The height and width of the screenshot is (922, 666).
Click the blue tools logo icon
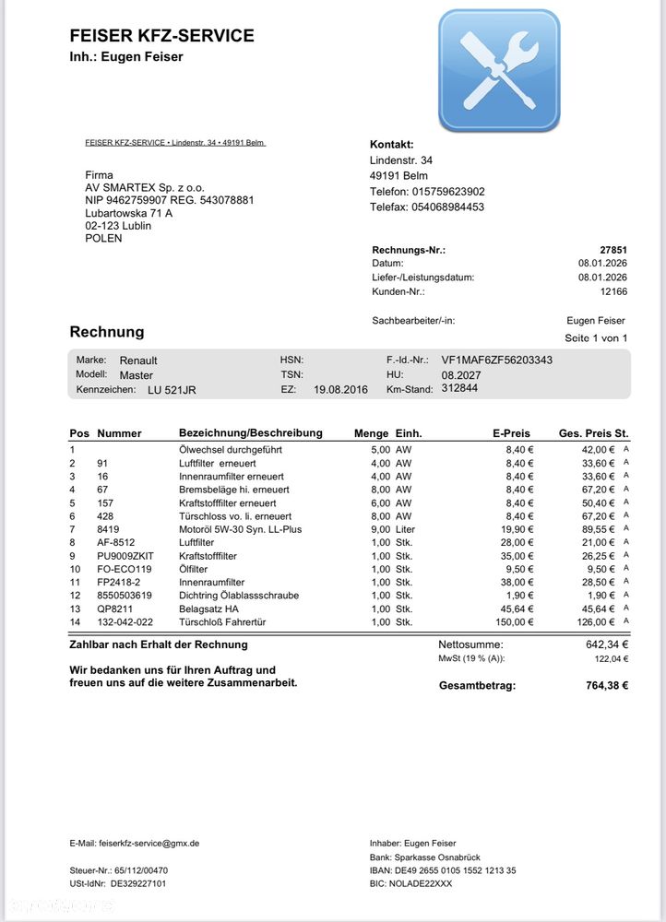click(498, 70)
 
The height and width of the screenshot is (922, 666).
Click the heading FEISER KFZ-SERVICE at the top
click(161, 36)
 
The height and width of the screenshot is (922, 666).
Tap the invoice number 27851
click(612, 250)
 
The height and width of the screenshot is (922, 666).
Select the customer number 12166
click(612, 291)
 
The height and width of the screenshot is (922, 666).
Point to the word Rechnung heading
click(107, 332)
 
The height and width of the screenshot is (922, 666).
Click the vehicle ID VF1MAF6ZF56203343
click(497, 360)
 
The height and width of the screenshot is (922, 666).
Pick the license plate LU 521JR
click(172, 390)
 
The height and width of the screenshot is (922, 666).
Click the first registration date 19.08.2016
click(340, 390)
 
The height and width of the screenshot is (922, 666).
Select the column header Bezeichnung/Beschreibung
click(250, 432)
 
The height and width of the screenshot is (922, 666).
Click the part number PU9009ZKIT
click(125, 556)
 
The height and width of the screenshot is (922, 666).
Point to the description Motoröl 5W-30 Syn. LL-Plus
click(240, 529)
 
